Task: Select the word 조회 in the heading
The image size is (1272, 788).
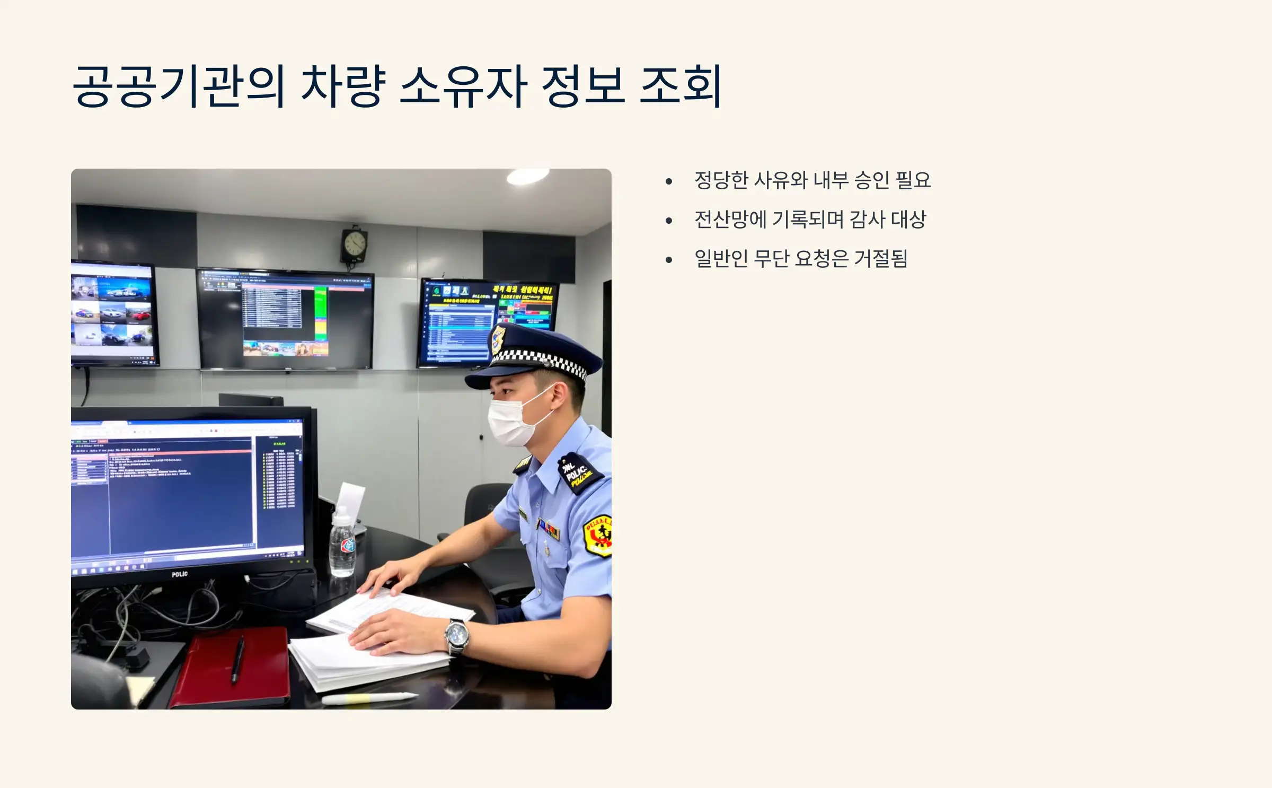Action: point(681,86)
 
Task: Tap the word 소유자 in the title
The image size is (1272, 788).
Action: point(463,86)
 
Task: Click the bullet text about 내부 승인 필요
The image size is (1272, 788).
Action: point(812,180)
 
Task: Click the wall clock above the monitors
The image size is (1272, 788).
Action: point(354,244)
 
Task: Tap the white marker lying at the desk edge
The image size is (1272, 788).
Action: point(369,698)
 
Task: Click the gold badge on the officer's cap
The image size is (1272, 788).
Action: point(498,339)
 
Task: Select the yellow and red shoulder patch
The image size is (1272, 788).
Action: point(598,536)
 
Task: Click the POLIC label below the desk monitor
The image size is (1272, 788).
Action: point(180,574)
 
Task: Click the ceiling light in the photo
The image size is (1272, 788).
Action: point(527,176)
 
